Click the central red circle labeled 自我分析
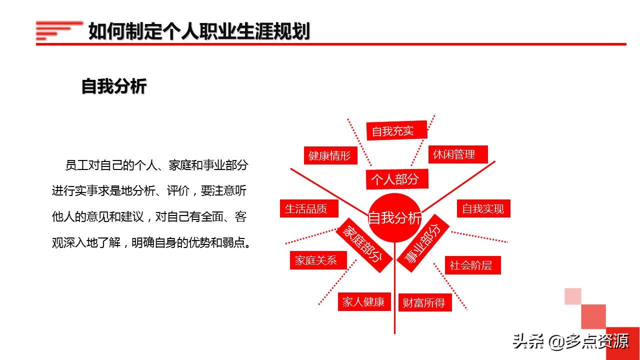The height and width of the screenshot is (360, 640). (x=394, y=218)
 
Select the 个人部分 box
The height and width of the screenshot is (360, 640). (x=394, y=179)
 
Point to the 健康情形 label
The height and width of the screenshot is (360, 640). (x=330, y=155)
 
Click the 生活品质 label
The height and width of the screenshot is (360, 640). (x=306, y=208)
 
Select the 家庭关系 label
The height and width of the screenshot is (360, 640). (x=316, y=260)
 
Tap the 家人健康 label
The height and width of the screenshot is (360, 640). (x=363, y=301)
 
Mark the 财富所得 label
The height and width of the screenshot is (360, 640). (x=424, y=302)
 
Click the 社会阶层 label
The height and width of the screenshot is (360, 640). (x=471, y=265)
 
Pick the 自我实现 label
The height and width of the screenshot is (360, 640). (x=483, y=208)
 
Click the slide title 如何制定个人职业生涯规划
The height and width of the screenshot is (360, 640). (x=199, y=31)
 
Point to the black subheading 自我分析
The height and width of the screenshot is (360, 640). (x=114, y=86)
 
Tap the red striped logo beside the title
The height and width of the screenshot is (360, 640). (x=58, y=30)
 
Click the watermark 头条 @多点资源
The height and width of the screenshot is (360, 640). (x=570, y=341)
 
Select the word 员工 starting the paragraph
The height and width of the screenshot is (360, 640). (x=76, y=165)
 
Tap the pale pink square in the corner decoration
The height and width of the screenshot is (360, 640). (x=573, y=296)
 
